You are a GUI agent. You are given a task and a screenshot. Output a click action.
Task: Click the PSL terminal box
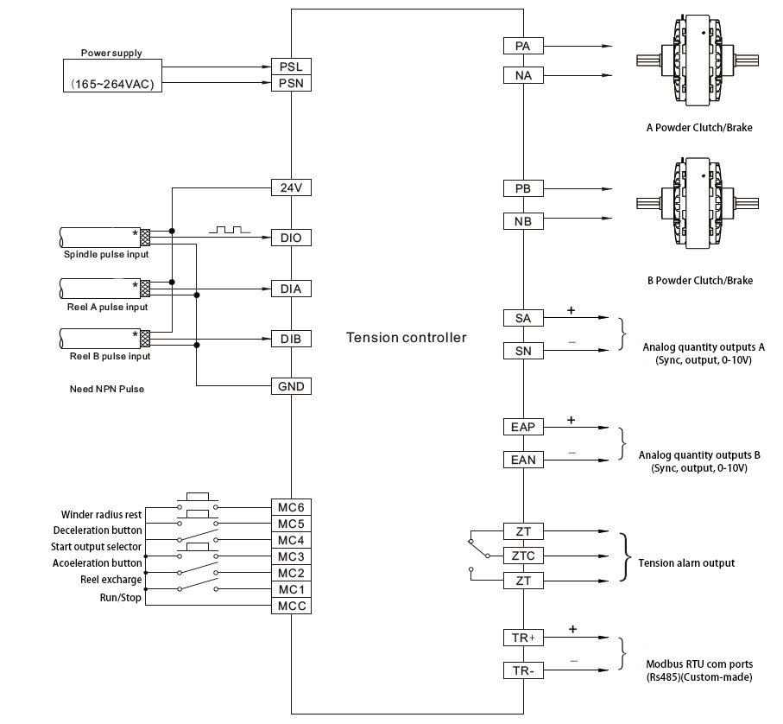291,67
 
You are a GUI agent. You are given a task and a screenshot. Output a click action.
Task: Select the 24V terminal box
291,187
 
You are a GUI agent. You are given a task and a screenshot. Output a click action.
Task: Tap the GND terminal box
291,386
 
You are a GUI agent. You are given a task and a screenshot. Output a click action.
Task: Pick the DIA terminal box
291,289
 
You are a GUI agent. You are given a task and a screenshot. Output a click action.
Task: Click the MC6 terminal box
291,507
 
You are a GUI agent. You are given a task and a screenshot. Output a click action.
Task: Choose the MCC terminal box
291,606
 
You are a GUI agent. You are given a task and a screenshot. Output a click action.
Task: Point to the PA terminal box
523,46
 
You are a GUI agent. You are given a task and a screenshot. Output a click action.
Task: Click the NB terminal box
523,221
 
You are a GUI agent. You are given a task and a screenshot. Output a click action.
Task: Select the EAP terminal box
523,427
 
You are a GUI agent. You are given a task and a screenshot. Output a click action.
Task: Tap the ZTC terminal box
523,555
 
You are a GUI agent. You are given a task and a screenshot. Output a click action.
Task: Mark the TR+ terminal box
523,638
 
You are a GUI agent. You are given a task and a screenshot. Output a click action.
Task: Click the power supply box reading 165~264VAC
113,75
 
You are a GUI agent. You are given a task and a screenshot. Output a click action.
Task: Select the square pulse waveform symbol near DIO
229,231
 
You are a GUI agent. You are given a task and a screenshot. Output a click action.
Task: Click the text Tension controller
406,337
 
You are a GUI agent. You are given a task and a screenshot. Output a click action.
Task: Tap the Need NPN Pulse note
106,389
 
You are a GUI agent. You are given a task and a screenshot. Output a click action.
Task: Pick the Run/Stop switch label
124,598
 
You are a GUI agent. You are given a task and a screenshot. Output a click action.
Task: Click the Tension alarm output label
686,563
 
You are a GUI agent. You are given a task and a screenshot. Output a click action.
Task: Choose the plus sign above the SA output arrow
571,309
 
